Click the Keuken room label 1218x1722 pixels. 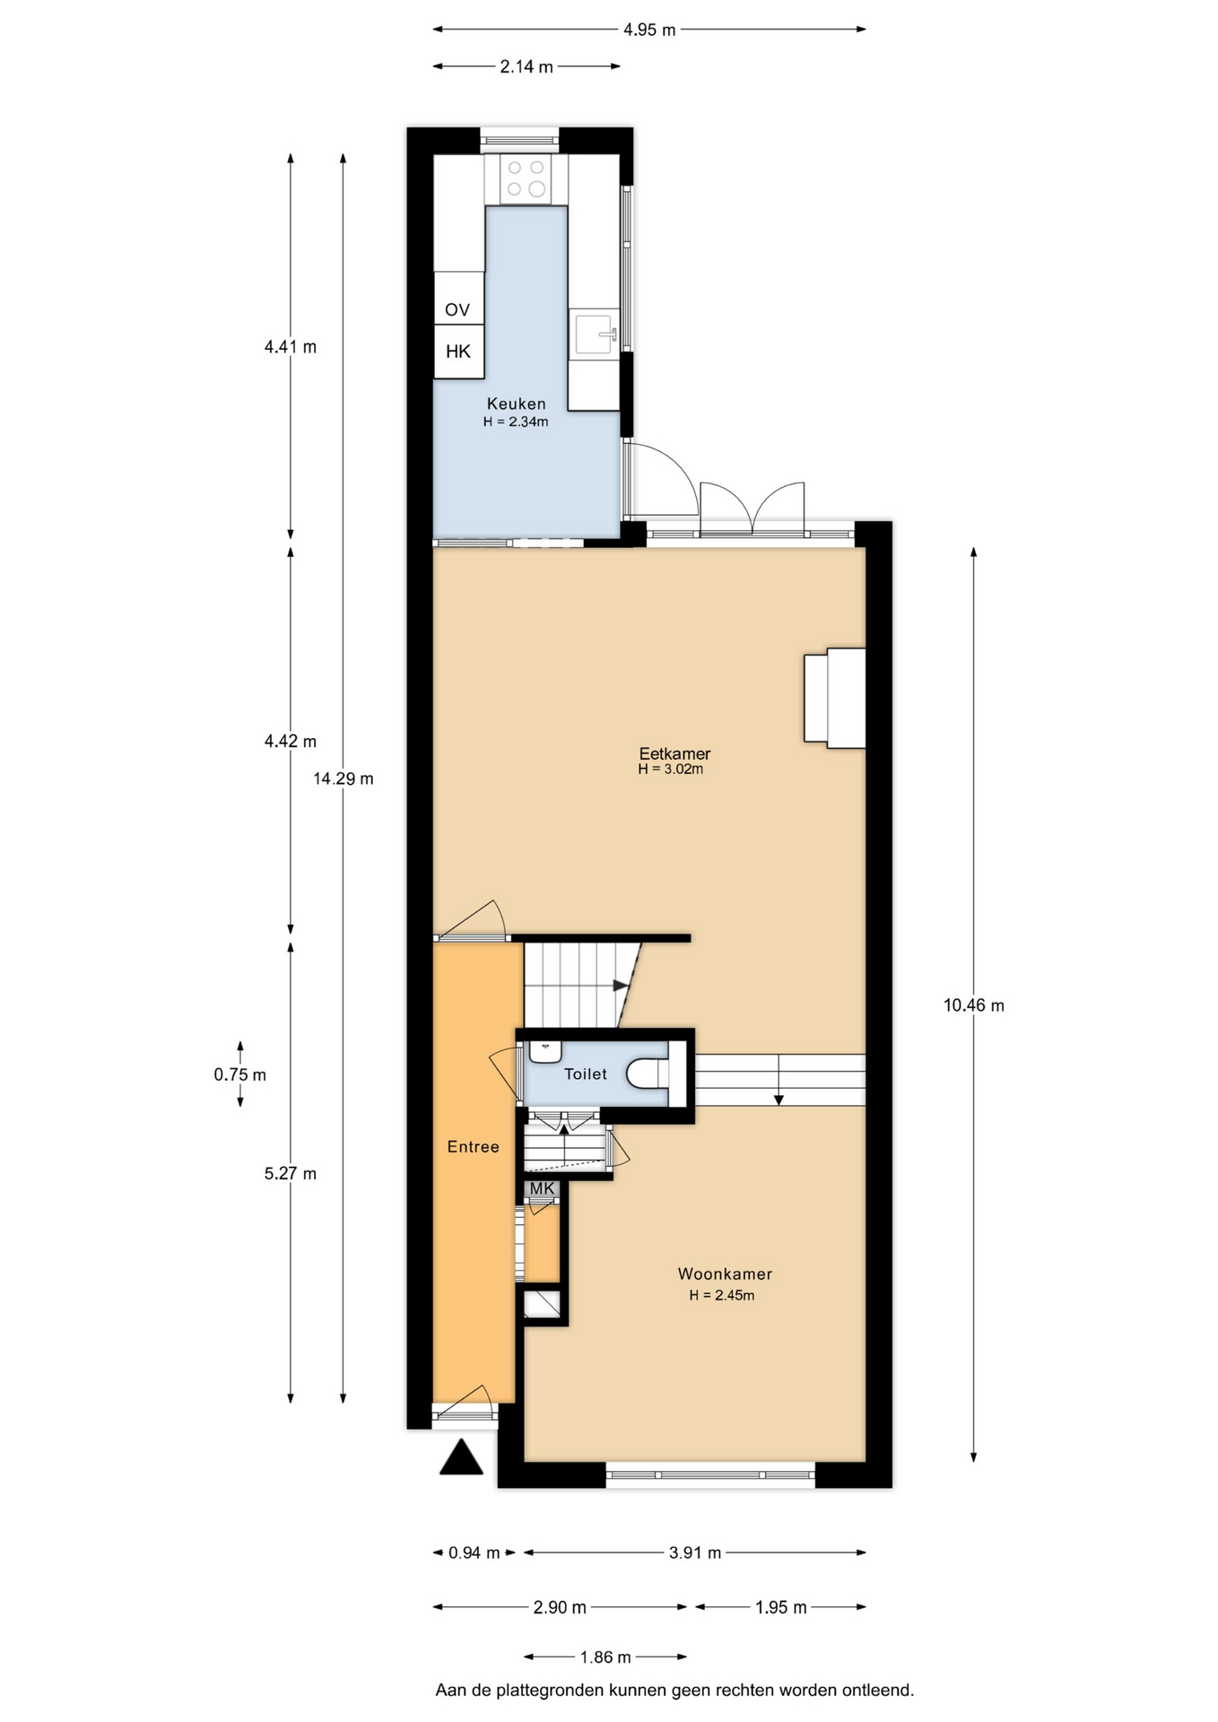click(516, 404)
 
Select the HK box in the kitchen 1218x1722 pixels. click(458, 352)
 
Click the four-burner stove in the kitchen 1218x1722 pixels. click(526, 178)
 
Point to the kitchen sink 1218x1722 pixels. click(594, 334)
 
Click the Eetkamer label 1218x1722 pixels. click(674, 753)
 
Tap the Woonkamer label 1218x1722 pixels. click(725, 1274)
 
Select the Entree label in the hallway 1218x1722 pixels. click(474, 1146)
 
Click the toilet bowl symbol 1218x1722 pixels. click(648, 1074)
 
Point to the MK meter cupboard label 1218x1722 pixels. click(543, 1188)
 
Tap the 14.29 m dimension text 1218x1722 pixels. click(344, 778)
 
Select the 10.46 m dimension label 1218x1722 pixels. click(974, 1005)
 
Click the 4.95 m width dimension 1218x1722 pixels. click(649, 30)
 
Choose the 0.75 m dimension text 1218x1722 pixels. click(240, 1074)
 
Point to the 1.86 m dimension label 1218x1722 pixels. click(605, 1657)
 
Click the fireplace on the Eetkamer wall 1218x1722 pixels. click(835, 698)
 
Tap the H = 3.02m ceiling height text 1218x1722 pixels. click(671, 770)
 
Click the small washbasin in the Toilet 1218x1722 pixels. click(545, 1050)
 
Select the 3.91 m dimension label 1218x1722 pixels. click(695, 1552)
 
